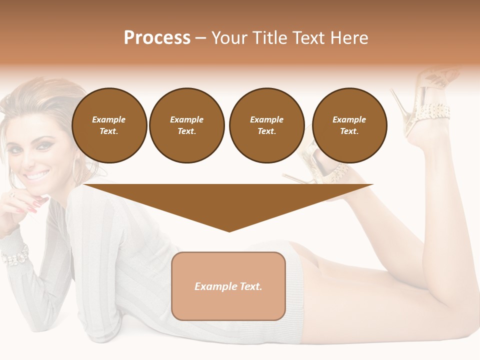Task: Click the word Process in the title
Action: click(157, 38)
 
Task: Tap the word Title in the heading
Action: click(270, 38)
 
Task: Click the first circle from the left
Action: click(109, 125)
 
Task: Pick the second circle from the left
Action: click(186, 125)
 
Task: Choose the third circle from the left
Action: click(266, 125)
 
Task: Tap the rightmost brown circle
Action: click(349, 125)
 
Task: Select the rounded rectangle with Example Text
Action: click(228, 286)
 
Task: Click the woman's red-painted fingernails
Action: click(32, 205)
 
